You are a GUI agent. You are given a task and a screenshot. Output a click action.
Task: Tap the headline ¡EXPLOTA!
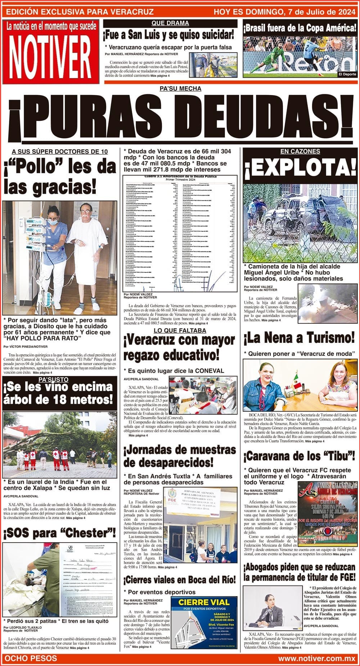[x=300, y=168]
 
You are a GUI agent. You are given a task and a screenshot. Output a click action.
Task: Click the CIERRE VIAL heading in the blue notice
[x=204, y=602]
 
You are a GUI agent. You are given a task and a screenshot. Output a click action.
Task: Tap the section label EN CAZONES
[x=300, y=151]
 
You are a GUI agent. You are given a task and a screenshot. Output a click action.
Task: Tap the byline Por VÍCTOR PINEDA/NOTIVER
[x=25, y=346]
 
